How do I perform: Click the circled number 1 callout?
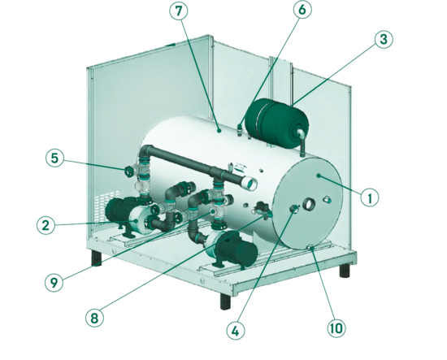[x=370, y=197]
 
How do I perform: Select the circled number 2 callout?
[x=46, y=225]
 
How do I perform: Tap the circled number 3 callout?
[x=384, y=39]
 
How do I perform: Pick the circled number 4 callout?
[x=236, y=331]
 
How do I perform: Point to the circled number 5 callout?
[x=54, y=158]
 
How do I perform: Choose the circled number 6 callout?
[x=302, y=10]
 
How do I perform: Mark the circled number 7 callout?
[x=179, y=11]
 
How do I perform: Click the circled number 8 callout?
[x=94, y=318]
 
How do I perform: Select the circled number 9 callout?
[x=54, y=282]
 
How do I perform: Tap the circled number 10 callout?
[x=336, y=328]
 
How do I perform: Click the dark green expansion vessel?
[x=276, y=123]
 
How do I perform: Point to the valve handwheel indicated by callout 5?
[x=128, y=171]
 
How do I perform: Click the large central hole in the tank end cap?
[x=310, y=204]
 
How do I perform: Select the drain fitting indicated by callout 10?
[x=310, y=248]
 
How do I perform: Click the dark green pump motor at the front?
[x=236, y=250]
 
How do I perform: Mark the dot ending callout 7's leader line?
[x=219, y=131]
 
